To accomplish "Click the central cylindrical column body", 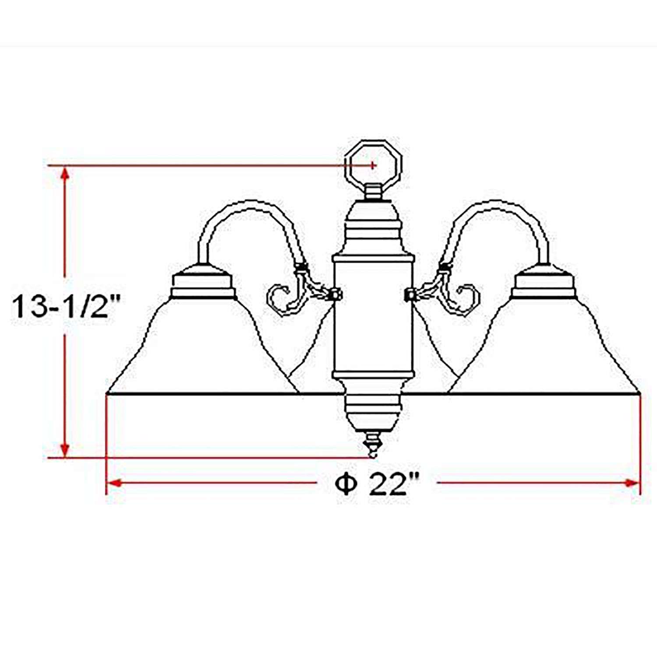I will click(x=372, y=315).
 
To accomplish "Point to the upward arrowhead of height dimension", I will click(x=65, y=173).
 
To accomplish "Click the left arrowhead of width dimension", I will click(x=114, y=483).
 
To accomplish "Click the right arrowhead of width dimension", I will click(x=633, y=483).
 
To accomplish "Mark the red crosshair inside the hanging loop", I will click(x=373, y=166).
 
